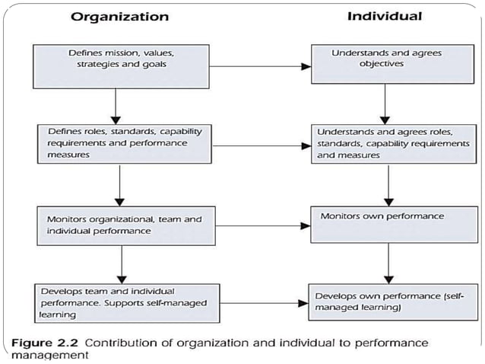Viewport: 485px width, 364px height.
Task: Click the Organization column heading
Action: coord(120,16)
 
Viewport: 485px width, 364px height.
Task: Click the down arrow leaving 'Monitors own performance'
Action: coord(388,262)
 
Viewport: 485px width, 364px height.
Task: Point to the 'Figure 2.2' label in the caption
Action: coord(46,343)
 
